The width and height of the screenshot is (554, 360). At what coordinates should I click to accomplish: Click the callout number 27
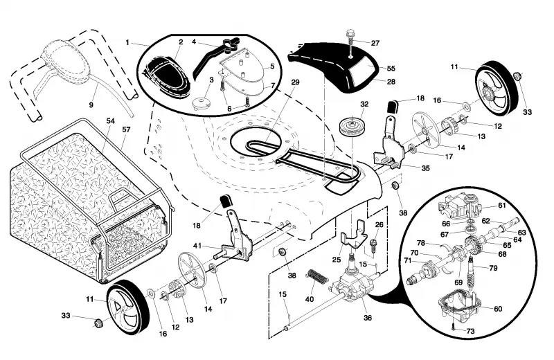(375, 43)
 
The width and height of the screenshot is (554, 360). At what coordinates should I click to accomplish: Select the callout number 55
(391, 69)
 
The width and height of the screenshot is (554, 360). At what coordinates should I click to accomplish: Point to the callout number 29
(295, 82)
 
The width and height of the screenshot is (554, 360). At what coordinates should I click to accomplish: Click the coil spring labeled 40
(316, 276)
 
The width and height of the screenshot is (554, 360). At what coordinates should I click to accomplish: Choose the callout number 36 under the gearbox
(368, 318)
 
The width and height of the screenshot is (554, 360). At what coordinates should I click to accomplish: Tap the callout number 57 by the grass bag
(126, 129)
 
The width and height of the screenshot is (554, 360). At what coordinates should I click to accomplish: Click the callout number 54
(111, 121)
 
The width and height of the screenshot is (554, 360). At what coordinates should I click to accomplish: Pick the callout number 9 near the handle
(91, 105)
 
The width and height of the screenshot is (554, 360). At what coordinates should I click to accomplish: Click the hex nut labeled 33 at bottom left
(98, 323)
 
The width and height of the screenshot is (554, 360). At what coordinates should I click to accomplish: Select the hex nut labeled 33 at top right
(517, 76)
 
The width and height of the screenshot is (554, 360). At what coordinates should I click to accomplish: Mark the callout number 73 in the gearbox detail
(470, 331)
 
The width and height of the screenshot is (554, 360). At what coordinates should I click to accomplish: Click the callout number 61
(501, 205)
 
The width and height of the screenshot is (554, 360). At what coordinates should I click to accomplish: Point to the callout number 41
(197, 246)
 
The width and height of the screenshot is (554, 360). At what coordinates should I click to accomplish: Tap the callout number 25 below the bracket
(337, 260)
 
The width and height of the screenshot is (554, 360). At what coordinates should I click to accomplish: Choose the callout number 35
(425, 168)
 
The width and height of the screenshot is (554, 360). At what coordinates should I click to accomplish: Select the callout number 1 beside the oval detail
(127, 42)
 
